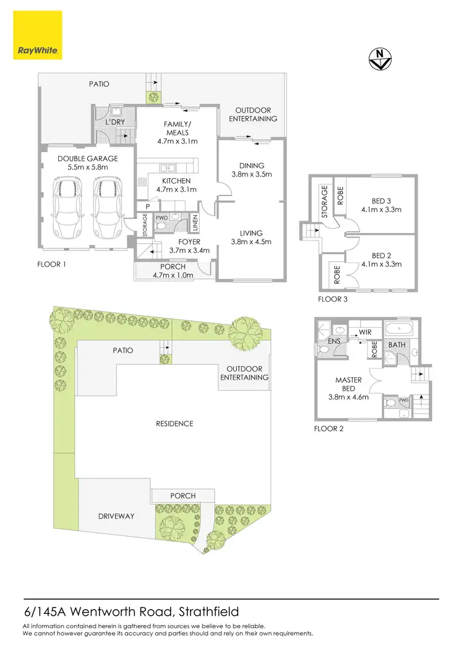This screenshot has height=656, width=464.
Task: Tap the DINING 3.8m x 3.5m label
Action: (251, 170)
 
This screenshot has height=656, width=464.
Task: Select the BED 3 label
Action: (381, 205)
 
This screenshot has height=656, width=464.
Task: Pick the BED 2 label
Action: (381, 260)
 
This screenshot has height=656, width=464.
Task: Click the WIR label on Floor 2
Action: (364, 333)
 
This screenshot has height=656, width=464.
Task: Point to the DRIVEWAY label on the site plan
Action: (116, 516)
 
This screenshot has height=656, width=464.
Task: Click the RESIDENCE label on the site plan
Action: (174, 424)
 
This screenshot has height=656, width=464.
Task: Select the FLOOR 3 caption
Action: (333, 299)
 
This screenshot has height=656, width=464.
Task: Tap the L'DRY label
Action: (116, 122)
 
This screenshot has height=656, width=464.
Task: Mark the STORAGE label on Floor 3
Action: (324, 203)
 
